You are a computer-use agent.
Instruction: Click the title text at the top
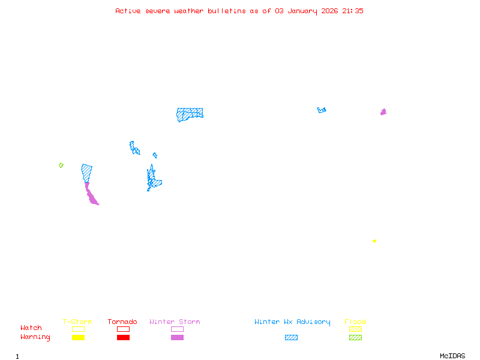point(239,11)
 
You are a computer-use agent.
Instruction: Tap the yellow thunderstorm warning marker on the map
point(374,241)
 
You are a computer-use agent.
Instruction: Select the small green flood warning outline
point(61,166)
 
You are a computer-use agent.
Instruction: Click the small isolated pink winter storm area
point(383,112)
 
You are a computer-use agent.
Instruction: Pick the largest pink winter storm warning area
point(91,194)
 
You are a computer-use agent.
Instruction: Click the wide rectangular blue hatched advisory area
point(190,115)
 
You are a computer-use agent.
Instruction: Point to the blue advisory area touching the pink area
point(86,173)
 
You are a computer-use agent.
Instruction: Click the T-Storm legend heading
point(77,322)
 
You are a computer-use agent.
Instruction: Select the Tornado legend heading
point(122,322)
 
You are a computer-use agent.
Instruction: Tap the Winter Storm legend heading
point(175,322)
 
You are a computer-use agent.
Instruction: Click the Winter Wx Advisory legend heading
point(292,322)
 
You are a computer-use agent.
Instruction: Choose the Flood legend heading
point(355,322)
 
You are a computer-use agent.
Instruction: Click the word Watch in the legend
point(31,328)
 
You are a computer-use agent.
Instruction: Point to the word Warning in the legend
point(35,337)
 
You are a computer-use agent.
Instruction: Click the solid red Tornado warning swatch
point(124,337)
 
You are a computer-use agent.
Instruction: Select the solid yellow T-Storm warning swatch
point(79,337)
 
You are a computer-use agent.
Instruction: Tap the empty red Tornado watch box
point(124,329)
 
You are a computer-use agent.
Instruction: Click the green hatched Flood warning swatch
point(355,337)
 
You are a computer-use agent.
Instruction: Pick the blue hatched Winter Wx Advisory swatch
point(291,337)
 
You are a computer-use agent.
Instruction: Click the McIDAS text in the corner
point(452,356)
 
